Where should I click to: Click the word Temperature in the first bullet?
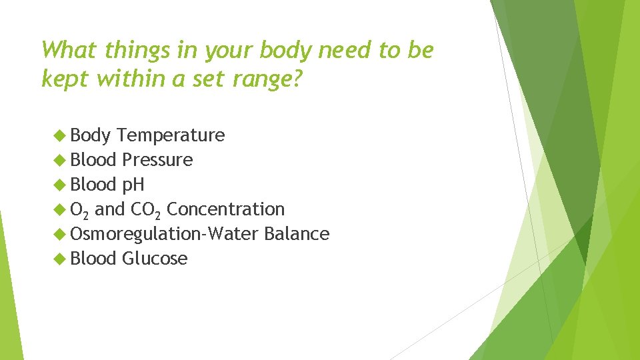(x=171, y=135)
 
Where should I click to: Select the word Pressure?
(x=157, y=160)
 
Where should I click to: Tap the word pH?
(x=133, y=185)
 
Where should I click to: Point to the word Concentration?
(x=225, y=209)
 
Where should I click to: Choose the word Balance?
(x=297, y=234)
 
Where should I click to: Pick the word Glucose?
(x=155, y=259)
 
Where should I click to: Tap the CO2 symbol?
(x=146, y=210)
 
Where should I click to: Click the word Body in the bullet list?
(x=90, y=135)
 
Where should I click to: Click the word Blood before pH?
(x=93, y=185)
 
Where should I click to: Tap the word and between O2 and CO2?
(x=110, y=209)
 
